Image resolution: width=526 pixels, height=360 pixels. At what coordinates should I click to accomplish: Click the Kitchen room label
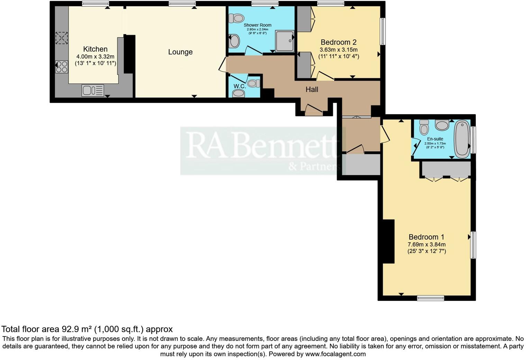[x=95, y=49]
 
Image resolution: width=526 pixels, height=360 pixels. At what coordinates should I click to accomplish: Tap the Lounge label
[x=180, y=52]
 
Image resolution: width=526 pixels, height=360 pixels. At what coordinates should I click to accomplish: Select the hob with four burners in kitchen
[x=62, y=66]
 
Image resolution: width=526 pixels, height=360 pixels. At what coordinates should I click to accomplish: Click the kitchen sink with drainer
[x=92, y=90]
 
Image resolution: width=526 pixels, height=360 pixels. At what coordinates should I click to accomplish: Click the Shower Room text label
[x=257, y=25]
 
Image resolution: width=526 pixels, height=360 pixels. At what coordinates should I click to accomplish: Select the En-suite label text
[x=435, y=139]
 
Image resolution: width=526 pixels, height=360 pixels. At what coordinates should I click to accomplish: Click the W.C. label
[x=240, y=86]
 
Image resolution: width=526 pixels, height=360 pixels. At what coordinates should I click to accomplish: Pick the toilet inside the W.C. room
[x=254, y=83]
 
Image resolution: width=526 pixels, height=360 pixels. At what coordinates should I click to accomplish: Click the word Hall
[x=312, y=89]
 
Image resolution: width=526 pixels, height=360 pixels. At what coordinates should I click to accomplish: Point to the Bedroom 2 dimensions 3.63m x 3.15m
[x=338, y=50]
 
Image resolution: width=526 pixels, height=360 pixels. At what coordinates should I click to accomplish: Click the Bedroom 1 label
[x=426, y=237]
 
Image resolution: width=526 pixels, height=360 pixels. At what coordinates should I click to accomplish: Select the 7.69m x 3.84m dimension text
[x=426, y=245]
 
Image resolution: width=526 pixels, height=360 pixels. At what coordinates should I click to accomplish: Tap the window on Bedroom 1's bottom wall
[x=430, y=298]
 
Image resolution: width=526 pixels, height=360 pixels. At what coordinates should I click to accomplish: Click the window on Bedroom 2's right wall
[x=383, y=31]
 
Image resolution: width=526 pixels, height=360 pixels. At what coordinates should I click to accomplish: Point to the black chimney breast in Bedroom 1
[x=388, y=241]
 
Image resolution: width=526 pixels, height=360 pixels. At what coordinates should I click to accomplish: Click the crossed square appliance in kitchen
[x=62, y=38]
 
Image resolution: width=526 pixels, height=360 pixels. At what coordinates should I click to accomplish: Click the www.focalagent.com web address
[x=335, y=354]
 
